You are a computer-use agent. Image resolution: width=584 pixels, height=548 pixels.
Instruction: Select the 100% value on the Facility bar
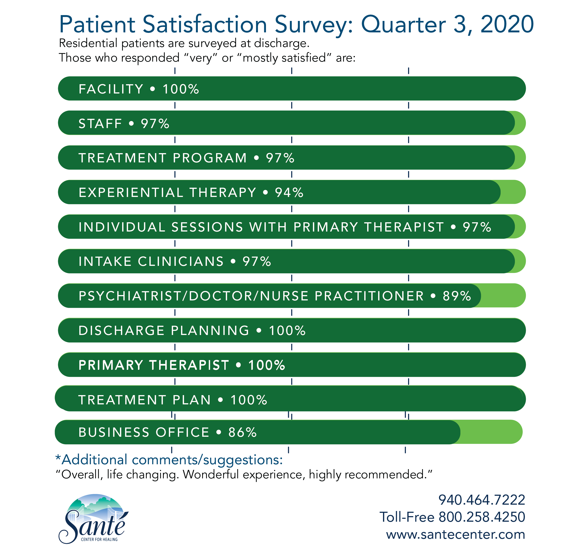(x=181, y=89)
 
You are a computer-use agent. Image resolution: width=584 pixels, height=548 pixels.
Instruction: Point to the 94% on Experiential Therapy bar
(x=289, y=193)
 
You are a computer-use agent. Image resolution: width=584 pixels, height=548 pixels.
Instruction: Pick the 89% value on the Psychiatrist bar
(x=457, y=296)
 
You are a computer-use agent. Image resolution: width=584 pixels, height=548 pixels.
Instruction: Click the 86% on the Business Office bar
(x=243, y=432)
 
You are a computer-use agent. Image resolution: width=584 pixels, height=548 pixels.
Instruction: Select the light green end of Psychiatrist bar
(x=502, y=296)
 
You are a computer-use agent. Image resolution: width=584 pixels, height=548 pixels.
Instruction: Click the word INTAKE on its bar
(x=105, y=261)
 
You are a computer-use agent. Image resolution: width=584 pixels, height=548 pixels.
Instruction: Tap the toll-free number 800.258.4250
(x=482, y=517)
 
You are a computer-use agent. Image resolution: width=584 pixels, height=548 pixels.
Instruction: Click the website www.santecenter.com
(x=455, y=534)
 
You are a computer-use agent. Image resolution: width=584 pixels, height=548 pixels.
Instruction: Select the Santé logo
(x=94, y=519)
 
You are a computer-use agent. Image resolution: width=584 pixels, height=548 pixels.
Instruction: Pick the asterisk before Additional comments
(x=58, y=458)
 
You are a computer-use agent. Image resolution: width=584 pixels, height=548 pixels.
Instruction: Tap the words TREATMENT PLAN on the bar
(x=145, y=400)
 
